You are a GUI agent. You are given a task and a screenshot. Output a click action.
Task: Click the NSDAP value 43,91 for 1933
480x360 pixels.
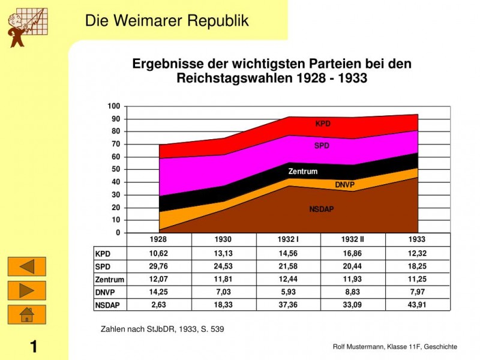click(416, 305)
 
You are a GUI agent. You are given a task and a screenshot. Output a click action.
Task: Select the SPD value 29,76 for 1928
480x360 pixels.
click(158, 266)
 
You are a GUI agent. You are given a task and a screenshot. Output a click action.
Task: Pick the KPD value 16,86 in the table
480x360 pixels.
click(353, 254)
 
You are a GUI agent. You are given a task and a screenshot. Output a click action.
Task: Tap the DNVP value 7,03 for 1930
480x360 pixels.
click(223, 292)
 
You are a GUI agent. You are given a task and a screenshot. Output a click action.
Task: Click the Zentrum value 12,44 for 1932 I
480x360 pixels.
click(288, 279)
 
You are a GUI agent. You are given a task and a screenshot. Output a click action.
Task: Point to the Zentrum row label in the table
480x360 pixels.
click(110, 280)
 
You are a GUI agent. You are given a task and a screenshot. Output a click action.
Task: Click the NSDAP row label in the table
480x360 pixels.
click(107, 305)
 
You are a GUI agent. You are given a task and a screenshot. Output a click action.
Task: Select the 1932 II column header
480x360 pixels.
click(353, 239)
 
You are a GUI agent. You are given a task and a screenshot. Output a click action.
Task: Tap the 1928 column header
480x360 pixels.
click(158, 239)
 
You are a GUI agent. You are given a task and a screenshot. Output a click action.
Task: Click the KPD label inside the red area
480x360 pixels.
click(323, 124)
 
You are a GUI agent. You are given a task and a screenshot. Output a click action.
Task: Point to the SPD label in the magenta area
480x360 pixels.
click(322, 146)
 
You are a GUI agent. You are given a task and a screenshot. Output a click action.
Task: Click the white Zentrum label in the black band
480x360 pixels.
click(303, 172)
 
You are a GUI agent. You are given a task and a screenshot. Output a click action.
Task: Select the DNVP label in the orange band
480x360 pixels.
click(345, 185)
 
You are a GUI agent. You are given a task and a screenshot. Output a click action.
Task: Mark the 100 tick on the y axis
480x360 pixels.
click(114, 106)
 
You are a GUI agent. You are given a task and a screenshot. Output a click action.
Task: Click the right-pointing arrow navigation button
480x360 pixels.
click(26, 290)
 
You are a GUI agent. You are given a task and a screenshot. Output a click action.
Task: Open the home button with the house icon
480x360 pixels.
click(26, 314)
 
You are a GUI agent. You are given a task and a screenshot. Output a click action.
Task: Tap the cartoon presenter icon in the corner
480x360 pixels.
click(25, 27)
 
